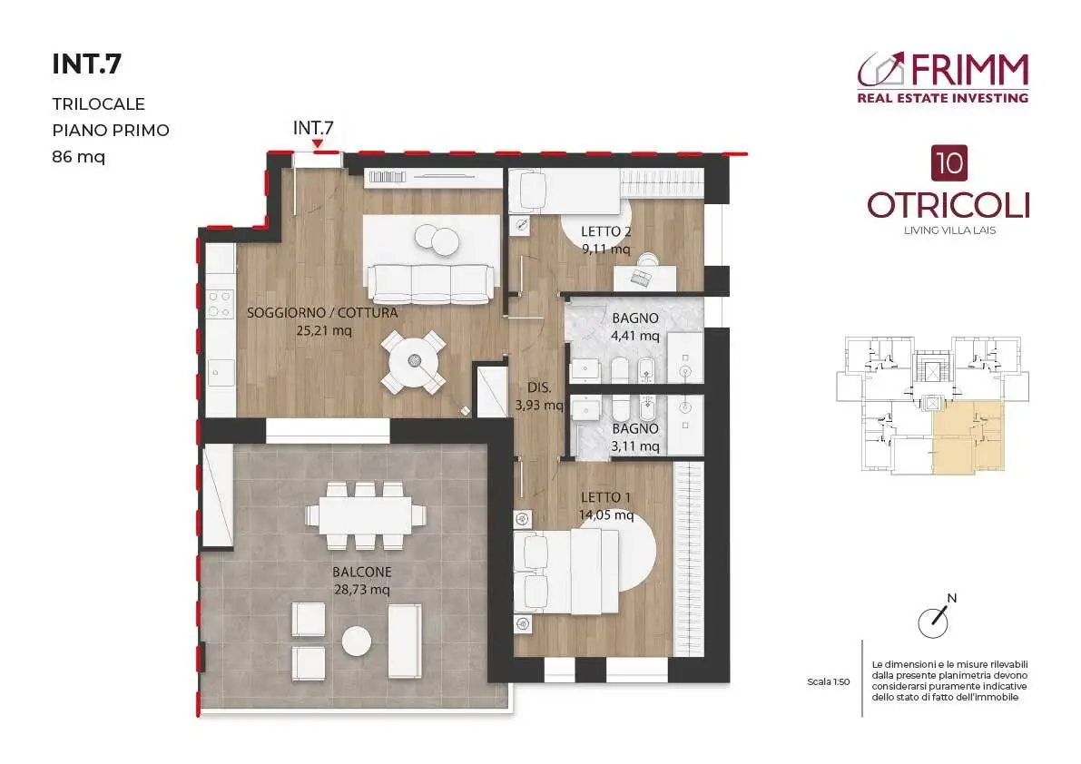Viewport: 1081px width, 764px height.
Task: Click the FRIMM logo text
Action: click(x=969, y=70)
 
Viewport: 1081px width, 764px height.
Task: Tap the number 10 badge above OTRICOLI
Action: click(x=949, y=163)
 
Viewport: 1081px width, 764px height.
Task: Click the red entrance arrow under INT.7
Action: click(x=317, y=143)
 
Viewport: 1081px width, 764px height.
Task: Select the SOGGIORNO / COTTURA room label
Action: click(x=322, y=313)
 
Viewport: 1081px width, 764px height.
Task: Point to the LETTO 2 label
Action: click(x=606, y=231)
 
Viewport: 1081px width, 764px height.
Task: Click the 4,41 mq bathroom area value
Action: click(x=635, y=337)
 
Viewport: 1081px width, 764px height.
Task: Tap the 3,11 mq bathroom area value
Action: click(x=635, y=446)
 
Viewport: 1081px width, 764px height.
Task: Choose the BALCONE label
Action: click(x=362, y=572)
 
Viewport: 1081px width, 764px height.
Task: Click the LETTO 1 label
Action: click(x=606, y=496)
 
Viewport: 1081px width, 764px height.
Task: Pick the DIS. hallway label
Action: click(x=539, y=387)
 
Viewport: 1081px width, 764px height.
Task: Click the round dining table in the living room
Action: click(x=414, y=361)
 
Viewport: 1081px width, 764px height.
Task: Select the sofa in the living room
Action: click(x=431, y=284)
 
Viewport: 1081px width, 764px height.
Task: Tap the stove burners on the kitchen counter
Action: click(x=220, y=304)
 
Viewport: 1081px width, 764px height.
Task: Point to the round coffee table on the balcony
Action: click(x=357, y=642)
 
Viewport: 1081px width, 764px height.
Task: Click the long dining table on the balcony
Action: click(x=366, y=515)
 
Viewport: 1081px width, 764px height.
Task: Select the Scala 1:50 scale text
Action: click(x=829, y=682)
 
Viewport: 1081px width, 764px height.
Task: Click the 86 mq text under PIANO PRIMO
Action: click(x=79, y=157)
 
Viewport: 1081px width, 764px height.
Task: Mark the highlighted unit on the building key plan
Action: click(x=968, y=437)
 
